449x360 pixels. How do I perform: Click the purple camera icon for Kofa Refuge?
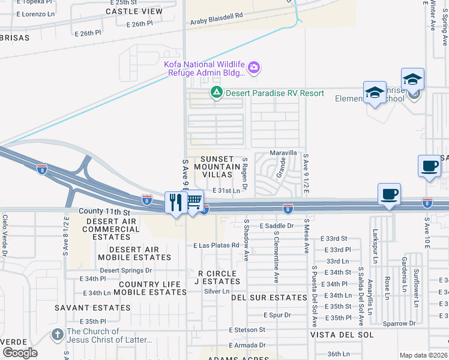(254, 67)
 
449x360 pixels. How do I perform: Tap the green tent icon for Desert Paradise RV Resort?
(215, 92)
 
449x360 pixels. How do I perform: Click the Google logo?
(20, 352)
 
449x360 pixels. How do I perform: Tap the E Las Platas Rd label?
(217, 245)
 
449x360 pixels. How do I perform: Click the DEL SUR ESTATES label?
(269, 298)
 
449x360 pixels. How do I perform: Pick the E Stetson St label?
(247, 330)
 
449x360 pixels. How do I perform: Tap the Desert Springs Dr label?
(126, 271)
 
